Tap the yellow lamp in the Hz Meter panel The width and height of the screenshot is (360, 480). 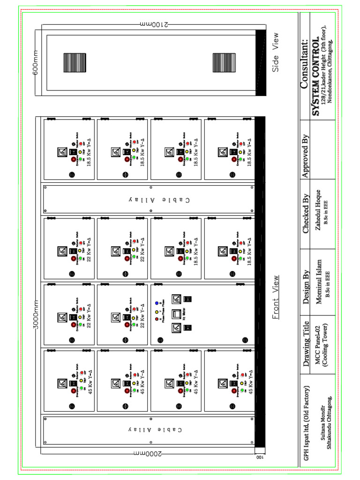(157, 311)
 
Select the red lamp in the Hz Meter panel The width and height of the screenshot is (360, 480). (157, 319)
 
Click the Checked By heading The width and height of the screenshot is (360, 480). (306, 214)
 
